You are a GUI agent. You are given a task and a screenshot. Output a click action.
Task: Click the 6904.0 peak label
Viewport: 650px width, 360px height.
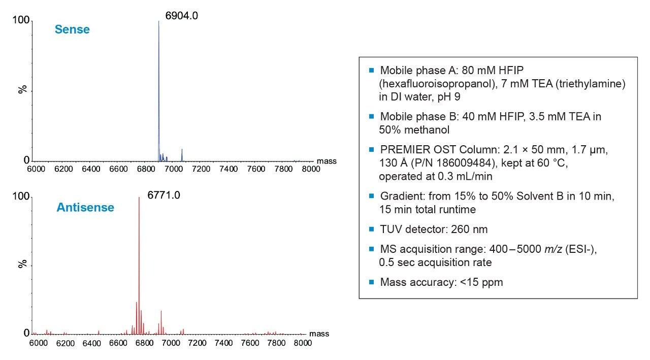tap(181, 16)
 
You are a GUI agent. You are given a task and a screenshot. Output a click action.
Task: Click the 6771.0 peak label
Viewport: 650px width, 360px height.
tap(164, 195)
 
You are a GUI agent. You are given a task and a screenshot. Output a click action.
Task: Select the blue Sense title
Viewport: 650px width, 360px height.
tap(72, 29)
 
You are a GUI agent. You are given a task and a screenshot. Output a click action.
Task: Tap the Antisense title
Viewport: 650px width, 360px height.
tap(85, 207)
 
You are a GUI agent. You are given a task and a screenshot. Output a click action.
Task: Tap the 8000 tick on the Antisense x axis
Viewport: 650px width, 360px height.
tap(303, 343)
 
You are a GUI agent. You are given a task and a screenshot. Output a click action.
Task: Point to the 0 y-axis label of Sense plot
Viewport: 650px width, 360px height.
tap(27, 160)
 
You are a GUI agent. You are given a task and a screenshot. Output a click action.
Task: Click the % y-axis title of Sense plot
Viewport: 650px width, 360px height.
tap(22, 89)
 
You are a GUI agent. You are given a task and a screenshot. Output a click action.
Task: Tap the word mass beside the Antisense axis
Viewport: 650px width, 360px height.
tap(319, 334)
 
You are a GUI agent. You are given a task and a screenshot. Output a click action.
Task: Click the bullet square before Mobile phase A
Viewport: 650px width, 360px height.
tap(371, 70)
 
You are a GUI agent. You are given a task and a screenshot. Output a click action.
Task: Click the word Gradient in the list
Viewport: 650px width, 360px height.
tap(399, 196)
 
